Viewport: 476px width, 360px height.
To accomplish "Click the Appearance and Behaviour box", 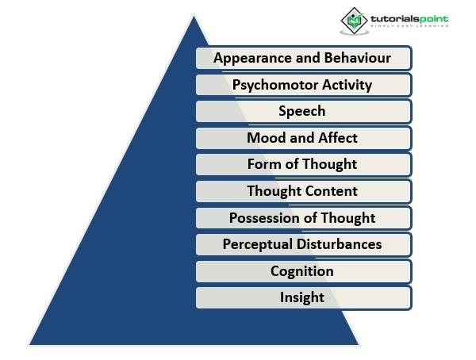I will point(302,58).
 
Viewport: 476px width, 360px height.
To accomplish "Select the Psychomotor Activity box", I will point(302,84).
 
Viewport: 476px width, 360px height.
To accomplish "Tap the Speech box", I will point(302,111).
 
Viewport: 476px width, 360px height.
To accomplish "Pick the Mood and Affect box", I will point(302,138).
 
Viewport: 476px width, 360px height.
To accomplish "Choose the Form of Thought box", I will point(302,165).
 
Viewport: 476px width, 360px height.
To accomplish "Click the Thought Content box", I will point(302,191).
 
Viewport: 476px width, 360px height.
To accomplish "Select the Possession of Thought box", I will point(302,218).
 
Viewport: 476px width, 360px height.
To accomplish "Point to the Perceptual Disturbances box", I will point(302,244).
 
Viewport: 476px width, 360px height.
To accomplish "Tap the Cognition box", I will point(302,271).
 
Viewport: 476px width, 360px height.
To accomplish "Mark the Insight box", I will point(302,298).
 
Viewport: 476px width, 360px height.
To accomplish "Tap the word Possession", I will point(262,218).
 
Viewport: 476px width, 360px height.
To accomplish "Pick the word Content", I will point(332,191).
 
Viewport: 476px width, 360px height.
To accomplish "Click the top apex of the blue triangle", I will point(194,16).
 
